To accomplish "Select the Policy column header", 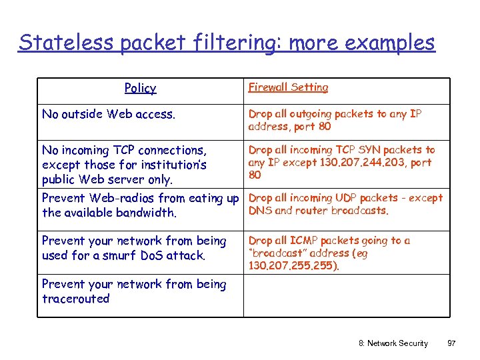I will point(140,88).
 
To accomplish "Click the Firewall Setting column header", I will point(288,87).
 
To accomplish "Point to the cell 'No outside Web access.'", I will point(109,114).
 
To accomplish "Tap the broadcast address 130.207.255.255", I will point(291,265).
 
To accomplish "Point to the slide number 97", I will point(451,343).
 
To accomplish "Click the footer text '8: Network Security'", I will point(393,343).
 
